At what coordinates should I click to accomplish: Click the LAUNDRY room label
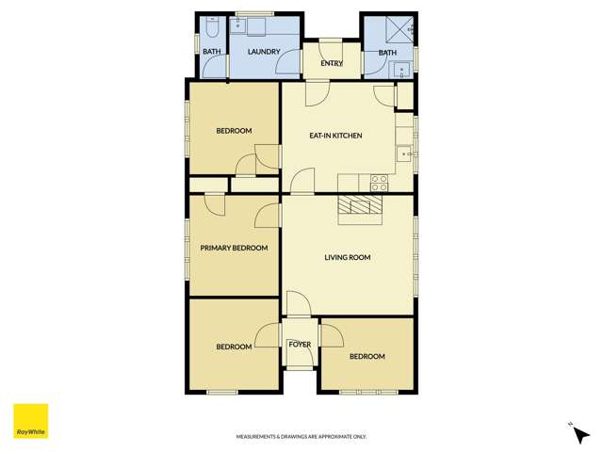click(264, 52)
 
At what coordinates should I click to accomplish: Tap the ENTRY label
click(332, 63)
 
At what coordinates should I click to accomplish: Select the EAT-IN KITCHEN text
click(336, 136)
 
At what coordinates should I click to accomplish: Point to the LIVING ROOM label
click(348, 257)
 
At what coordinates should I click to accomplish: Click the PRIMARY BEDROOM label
click(234, 249)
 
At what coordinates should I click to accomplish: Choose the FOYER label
click(300, 345)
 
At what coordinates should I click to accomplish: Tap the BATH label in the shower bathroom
click(387, 53)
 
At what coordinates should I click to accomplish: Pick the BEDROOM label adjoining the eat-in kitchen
click(234, 131)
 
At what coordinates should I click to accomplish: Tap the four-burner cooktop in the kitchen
click(380, 183)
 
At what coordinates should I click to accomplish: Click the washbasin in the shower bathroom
click(401, 68)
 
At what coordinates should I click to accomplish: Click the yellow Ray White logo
click(30, 421)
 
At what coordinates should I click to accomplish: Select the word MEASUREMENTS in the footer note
click(257, 437)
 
